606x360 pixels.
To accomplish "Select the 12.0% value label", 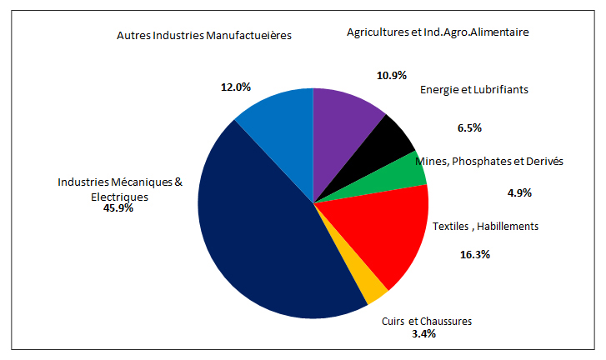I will click(x=236, y=87).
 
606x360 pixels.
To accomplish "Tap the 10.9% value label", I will click(x=391, y=75).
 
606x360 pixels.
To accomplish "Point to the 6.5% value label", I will click(x=469, y=127).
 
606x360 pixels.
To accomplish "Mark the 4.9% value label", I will click(x=519, y=192).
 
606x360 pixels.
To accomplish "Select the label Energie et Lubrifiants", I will click(x=474, y=90).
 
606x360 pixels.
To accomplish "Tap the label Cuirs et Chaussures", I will click(x=426, y=322).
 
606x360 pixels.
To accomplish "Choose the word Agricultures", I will click(x=377, y=32).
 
